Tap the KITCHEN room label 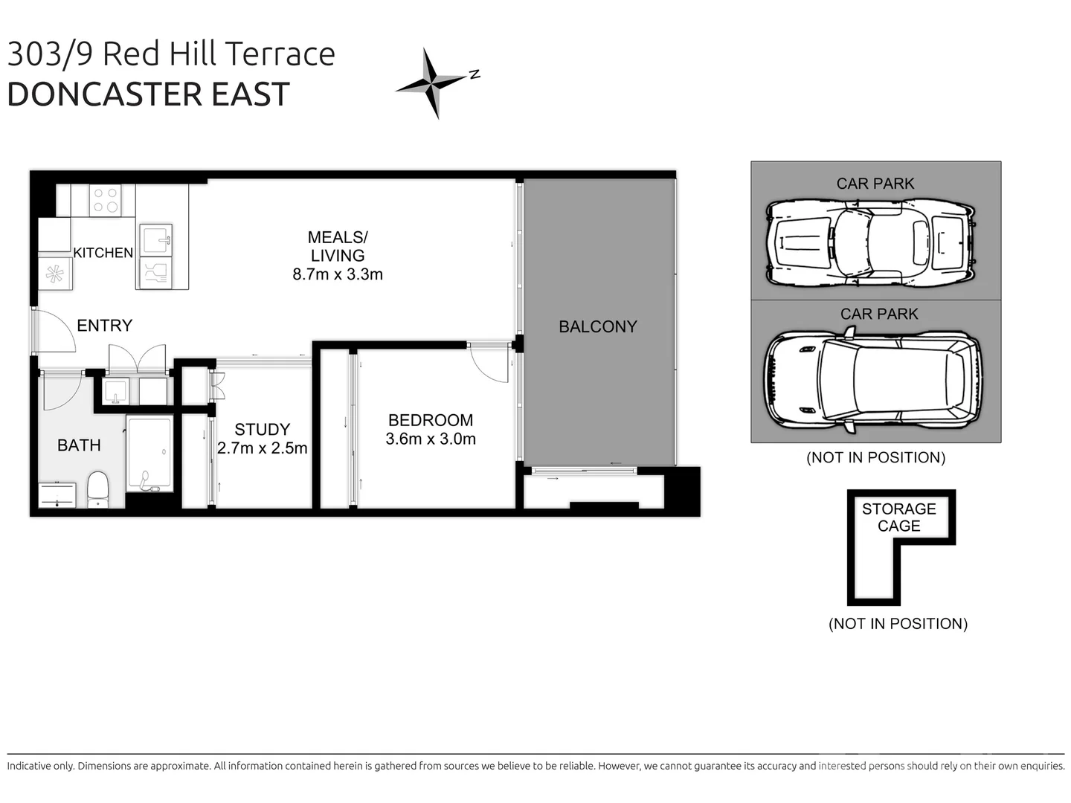point(103,253)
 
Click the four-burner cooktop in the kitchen point(105,200)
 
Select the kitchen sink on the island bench point(156,240)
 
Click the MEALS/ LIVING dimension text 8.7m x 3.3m point(337,274)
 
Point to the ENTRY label point(104,326)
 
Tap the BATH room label point(79,445)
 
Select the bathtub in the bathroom point(149,454)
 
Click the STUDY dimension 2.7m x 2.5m point(262,448)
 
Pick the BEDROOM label point(430,420)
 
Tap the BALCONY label point(597,326)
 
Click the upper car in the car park point(869,242)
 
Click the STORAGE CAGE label point(898,517)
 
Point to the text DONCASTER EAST point(148,94)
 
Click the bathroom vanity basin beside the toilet point(57,494)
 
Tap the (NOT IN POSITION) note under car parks point(875,457)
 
